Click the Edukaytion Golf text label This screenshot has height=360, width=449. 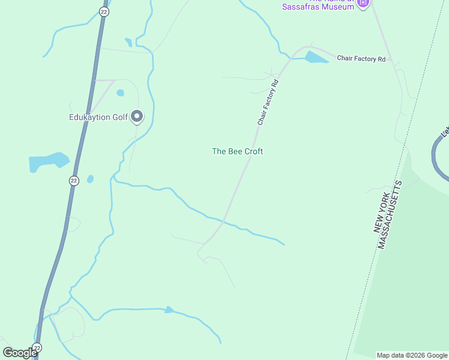click(98, 117)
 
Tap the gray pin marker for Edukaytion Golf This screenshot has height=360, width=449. click(137, 116)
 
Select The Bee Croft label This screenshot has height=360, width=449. click(237, 151)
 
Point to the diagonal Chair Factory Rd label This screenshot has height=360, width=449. click(269, 102)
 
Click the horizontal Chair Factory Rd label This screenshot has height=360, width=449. click(361, 59)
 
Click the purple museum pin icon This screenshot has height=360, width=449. click(363, 3)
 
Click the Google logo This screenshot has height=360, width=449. click(20, 353)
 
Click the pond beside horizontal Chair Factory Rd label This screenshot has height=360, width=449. click(315, 58)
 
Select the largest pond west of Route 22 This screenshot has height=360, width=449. click(48, 161)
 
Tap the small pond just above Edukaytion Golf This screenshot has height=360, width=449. click(120, 93)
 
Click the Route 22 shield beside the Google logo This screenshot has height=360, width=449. click(37, 348)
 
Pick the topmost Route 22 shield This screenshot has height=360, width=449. click(104, 12)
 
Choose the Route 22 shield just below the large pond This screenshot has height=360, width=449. click(73, 181)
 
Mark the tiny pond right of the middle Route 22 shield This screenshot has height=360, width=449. click(90, 179)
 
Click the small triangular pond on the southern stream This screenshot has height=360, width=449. click(169, 310)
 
